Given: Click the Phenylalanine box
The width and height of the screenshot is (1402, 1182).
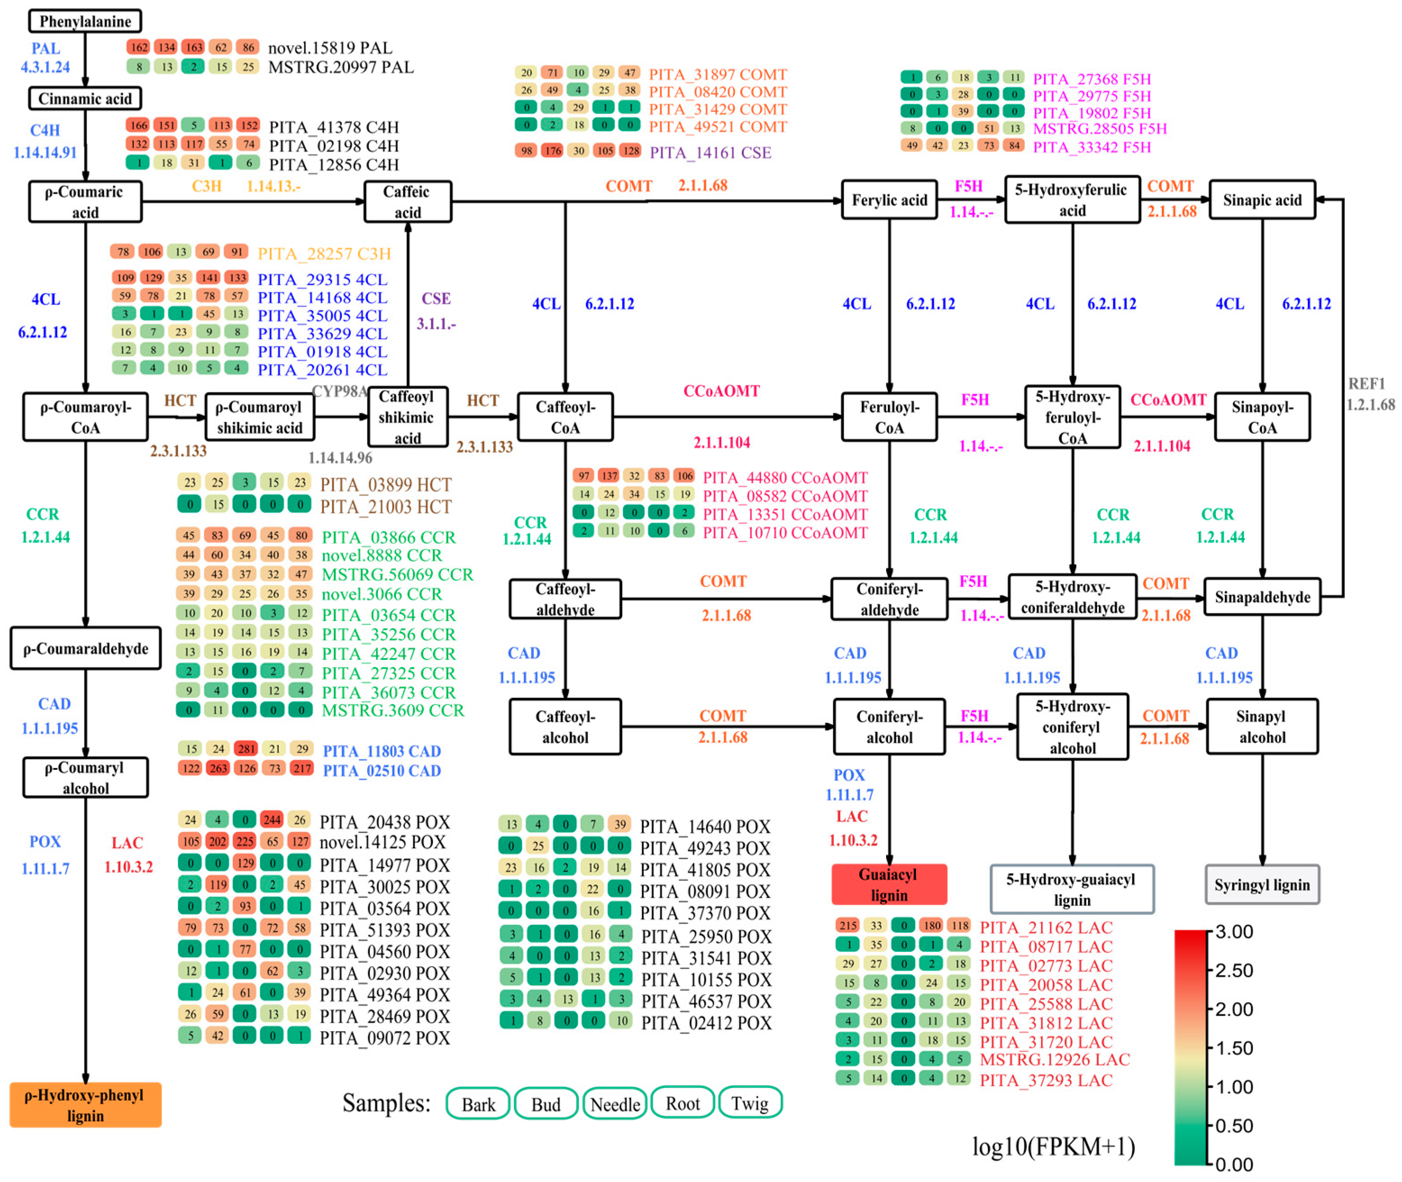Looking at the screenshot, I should coord(85,21).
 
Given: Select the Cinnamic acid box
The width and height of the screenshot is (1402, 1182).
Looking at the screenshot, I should coord(85,99).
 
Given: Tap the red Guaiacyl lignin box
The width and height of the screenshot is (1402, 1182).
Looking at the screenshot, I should coord(889,885).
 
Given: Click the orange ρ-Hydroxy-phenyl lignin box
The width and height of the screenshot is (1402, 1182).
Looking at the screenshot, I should coord(85,1105).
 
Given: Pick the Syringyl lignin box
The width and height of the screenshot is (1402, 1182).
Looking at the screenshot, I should coord(1262,885).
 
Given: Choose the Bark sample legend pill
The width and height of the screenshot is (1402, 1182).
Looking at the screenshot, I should coord(478,1104).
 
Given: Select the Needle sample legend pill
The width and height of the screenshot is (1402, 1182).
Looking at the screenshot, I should coord(615,1104).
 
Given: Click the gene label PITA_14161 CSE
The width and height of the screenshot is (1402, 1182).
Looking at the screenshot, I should coord(710,153).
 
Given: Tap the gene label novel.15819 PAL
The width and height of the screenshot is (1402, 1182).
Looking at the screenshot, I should coord(330,48).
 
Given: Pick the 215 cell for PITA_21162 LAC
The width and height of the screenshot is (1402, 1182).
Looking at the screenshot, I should coord(848,925).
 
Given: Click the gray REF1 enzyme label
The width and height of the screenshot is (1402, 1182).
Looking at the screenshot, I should coord(1366,384).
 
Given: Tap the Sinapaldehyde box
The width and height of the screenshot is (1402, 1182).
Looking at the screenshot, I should coord(1262,597).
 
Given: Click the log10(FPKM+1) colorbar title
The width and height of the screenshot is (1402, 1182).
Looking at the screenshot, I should coord(1053,1146).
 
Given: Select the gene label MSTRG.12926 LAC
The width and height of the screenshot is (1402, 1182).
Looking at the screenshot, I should coord(1054,1059).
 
